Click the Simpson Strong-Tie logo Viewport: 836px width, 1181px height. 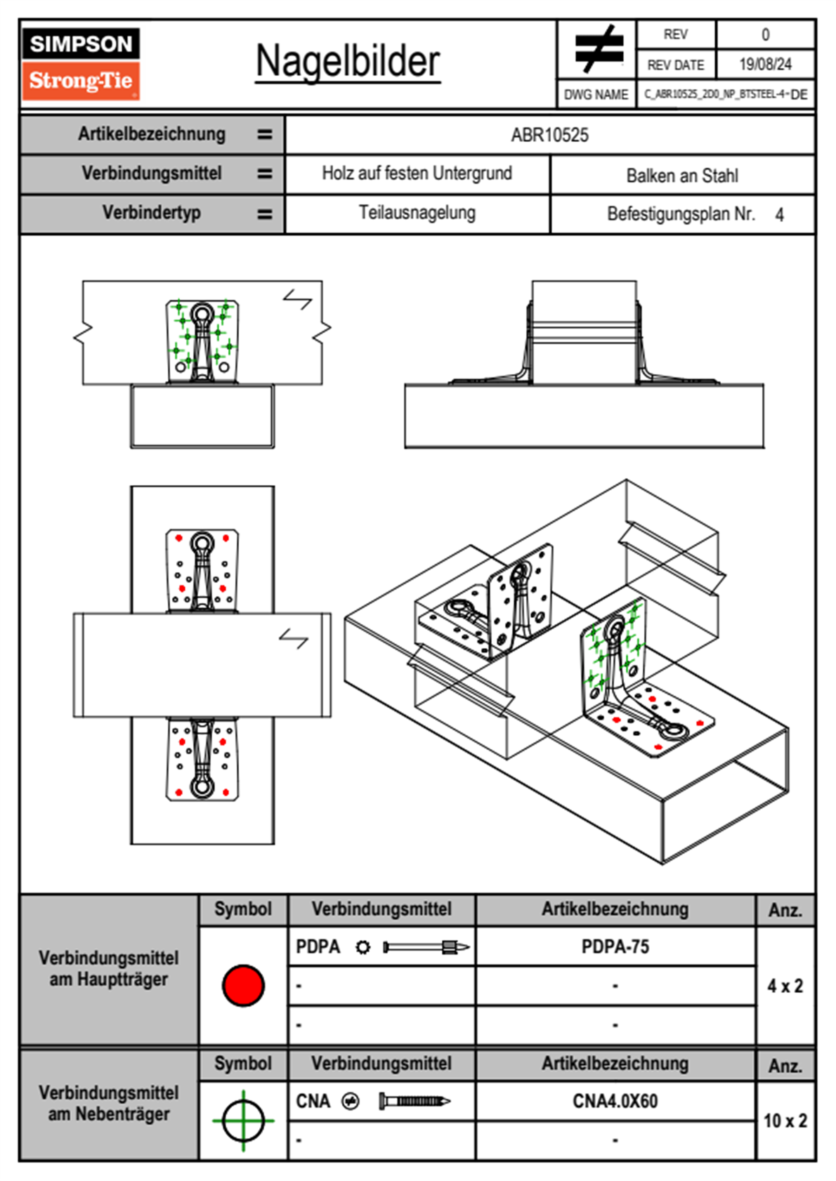[81, 64]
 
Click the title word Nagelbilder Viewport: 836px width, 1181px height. [348, 62]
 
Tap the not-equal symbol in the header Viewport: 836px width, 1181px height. [598, 49]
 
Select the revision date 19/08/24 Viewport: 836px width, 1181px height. [765, 65]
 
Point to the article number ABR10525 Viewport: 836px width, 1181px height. [549, 135]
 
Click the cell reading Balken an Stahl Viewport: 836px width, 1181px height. [682, 176]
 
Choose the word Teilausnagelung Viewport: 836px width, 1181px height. [417, 213]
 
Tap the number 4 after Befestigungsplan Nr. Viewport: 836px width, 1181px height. [779, 215]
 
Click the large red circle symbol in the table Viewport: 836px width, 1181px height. [243, 985]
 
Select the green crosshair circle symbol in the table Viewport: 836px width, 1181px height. [243, 1121]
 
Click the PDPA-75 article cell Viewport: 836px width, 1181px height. [615, 946]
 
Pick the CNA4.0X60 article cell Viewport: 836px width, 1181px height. [615, 1101]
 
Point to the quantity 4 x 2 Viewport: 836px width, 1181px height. [785, 986]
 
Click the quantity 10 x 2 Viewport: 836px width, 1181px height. [785, 1121]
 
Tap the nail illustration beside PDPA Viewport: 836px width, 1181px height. [426, 947]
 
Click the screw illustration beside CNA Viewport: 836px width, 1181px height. [414, 1101]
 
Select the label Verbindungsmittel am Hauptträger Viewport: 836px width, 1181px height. [109, 968]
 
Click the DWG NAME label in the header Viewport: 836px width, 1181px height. [596, 95]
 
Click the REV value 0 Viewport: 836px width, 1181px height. [765, 34]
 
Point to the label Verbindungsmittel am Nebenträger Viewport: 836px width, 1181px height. [109, 1103]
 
